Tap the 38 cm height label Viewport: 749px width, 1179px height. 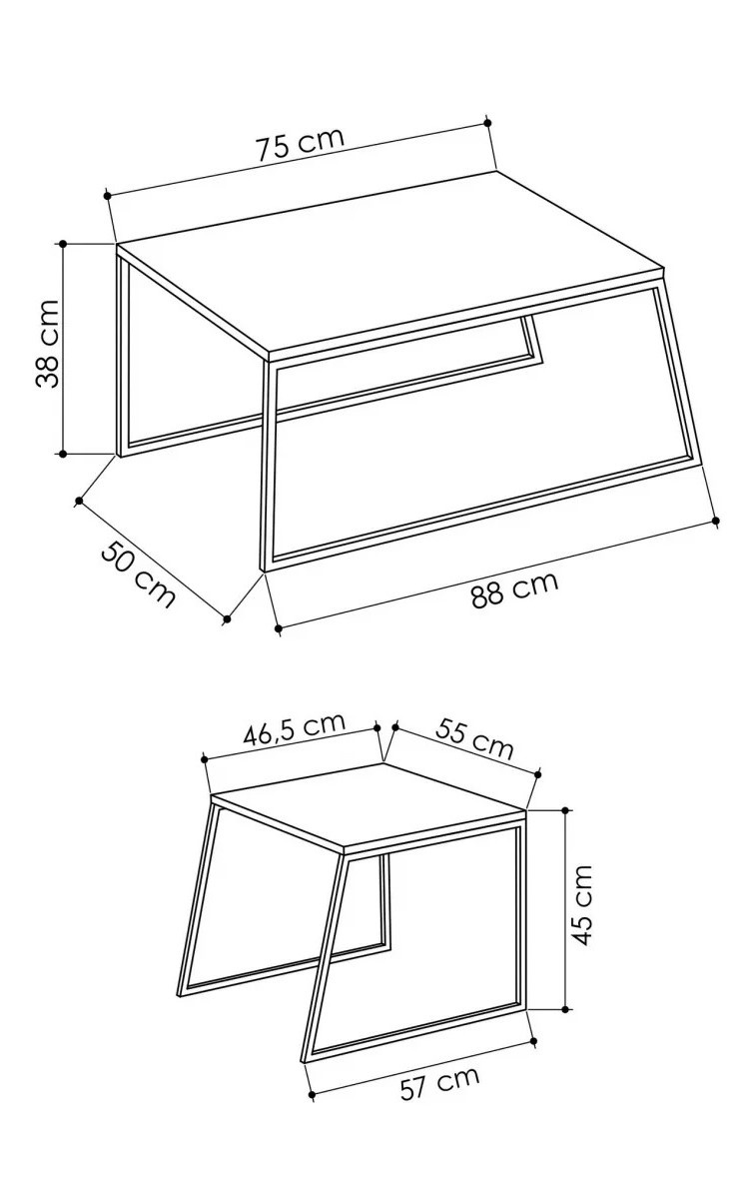pyautogui.click(x=47, y=343)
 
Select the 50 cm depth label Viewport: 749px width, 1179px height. pyautogui.click(x=138, y=574)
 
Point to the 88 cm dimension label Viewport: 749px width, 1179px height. pyautogui.click(x=515, y=589)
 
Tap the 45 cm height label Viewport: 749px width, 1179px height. pyautogui.click(x=580, y=905)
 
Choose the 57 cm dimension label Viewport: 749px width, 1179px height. pyautogui.click(x=439, y=1083)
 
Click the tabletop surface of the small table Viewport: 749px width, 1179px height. pyautogui.click(x=368, y=807)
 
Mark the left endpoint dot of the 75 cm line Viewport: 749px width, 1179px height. pyautogui.click(x=108, y=196)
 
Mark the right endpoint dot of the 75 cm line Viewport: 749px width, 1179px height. pyautogui.click(x=488, y=122)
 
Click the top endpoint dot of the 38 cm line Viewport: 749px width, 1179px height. pyautogui.click(x=62, y=244)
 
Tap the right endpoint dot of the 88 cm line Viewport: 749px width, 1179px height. pyautogui.click(x=715, y=520)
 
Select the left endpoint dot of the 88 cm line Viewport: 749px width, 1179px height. pyautogui.click(x=278, y=627)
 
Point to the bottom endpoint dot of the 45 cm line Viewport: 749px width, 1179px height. pyautogui.click(x=565, y=1009)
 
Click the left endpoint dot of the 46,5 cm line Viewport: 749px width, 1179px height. pyautogui.click(x=205, y=759)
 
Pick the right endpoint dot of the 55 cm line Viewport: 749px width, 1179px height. pyautogui.click(x=538, y=773)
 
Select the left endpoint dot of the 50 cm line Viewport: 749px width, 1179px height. pyautogui.click(x=79, y=501)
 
